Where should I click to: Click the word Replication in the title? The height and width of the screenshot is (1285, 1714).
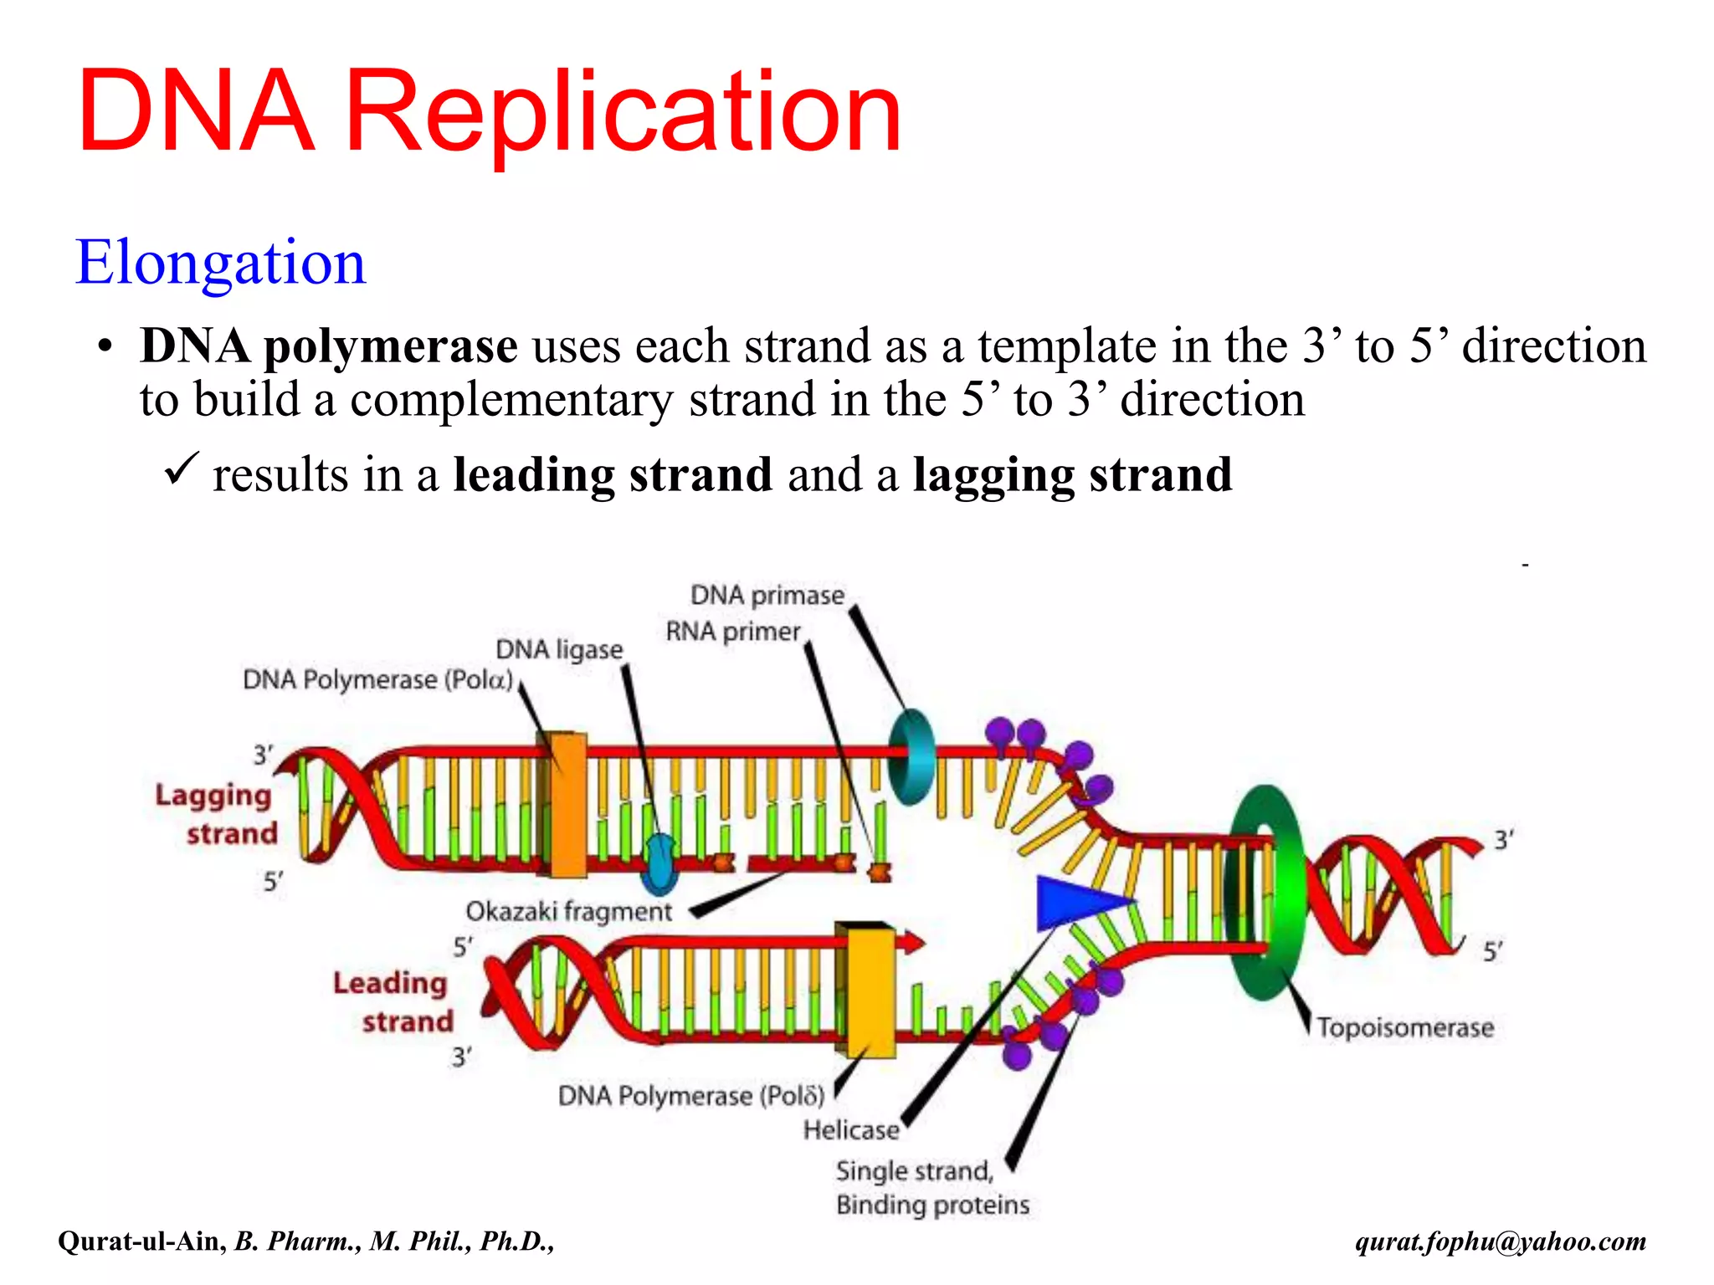point(623,113)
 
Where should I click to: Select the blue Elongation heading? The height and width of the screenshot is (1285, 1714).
point(221,263)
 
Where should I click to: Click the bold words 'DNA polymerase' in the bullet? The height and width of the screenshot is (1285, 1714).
point(328,346)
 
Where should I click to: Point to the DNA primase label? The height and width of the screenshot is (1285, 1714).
point(767,596)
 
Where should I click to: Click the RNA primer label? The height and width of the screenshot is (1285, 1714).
point(733,632)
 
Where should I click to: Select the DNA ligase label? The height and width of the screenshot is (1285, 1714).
point(559,650)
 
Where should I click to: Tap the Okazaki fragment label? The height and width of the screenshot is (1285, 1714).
point(568,912)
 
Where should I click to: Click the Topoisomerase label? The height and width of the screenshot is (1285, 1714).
point(1405,1027)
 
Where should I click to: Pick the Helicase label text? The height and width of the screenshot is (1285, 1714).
point(851,1130)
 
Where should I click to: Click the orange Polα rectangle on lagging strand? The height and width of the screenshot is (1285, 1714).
point(568,805)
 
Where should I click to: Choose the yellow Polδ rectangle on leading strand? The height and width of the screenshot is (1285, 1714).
point(870,992)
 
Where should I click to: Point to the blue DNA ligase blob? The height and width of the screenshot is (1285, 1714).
point(659,864)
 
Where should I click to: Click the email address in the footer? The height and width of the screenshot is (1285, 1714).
point(1501,1241)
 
